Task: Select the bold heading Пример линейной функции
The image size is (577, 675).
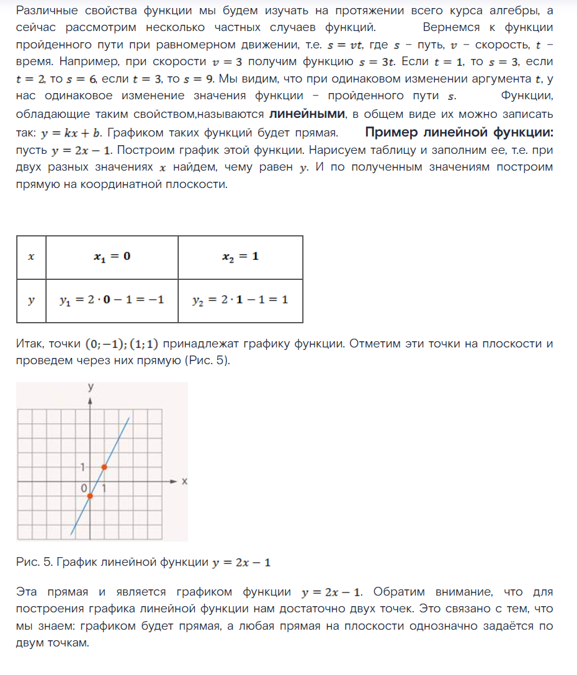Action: tap(459, 133)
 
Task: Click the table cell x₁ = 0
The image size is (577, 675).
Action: tap(112, 256)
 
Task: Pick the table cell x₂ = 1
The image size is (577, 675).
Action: tap(240, 256)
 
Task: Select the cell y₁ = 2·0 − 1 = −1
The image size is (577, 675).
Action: tap(112, 300)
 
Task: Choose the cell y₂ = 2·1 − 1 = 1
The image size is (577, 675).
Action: tap(240, 300)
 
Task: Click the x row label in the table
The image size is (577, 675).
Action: tap(31, 256)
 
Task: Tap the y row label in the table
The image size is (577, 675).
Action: tap(31, 300)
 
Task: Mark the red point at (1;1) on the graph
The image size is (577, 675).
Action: tap(104, 467)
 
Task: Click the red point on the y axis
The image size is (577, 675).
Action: tap(90, 496)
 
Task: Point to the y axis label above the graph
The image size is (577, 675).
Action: tap(91, 387)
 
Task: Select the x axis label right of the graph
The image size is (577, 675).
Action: tap(184, 481)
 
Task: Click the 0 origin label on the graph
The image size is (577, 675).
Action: tap(84, 489)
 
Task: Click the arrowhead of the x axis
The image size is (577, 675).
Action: tap(176, 481)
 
